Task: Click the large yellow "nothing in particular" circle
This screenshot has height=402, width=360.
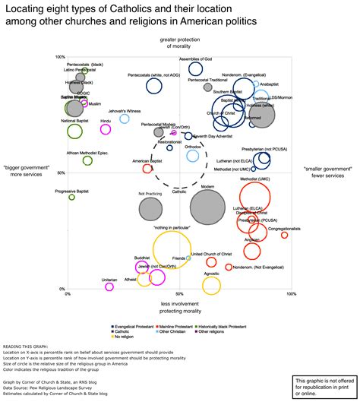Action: coord(176,249)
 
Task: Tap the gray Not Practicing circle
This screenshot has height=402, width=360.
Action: coord(150,206)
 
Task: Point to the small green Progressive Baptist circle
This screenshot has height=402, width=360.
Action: coord(72,197)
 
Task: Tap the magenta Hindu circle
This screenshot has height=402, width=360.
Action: coord(106,128)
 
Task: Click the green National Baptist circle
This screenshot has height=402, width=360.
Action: coord(74,131)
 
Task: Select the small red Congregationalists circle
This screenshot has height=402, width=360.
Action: coord(285,235)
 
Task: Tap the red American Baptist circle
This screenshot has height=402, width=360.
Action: coord(147,169)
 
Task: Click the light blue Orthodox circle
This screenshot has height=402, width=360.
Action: coord(193,156)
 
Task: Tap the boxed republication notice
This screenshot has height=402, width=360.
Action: coord(323,385)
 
